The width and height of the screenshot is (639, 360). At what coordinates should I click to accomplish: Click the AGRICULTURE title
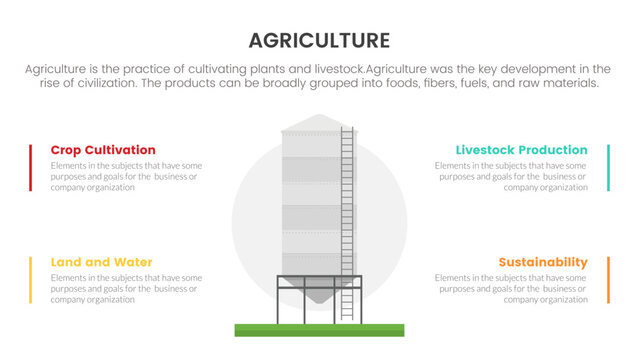319,40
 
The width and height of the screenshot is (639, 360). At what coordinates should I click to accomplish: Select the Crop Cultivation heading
103,150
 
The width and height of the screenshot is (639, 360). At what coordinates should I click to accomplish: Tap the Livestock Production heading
521,150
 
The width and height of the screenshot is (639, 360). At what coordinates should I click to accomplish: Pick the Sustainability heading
542,262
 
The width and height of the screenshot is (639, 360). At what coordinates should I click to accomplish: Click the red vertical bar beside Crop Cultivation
30,167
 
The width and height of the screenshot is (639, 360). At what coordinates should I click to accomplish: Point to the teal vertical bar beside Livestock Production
608,167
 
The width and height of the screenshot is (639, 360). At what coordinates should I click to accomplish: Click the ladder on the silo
348,220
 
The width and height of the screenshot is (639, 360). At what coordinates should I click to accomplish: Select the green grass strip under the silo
319,329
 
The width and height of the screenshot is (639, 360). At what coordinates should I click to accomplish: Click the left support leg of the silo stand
278,300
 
